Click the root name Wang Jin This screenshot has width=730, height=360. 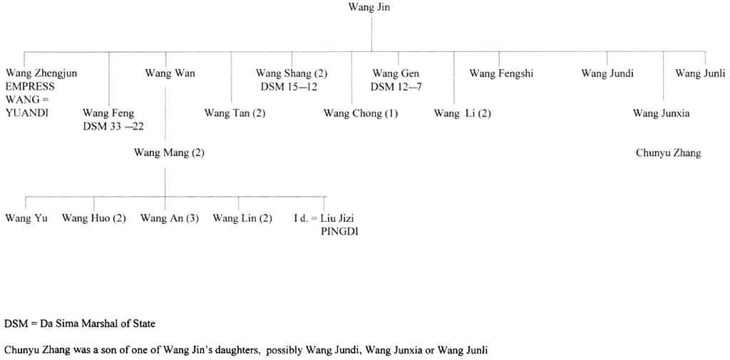coord(369,8)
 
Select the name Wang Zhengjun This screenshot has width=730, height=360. coord(41,73)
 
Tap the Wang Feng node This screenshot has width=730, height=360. coord(108,113)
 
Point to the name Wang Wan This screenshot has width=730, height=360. coord(170,73)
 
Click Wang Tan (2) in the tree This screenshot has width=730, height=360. coord(235,113)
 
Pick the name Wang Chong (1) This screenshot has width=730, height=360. coord(361,113)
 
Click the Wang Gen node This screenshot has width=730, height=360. coord(396,73)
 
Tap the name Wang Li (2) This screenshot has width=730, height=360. coord(463,113)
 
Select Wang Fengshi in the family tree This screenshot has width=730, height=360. coord(501,73)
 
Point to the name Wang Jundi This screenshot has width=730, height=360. coord(607,73)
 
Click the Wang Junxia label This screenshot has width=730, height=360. coord(661,113)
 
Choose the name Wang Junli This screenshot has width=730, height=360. coord(700,73)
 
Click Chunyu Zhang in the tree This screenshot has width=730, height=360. coord(668,153)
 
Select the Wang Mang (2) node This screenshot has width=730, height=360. coord(169,153)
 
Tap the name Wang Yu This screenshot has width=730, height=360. coord(26,218)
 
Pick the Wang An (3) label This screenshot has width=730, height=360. coord(169,218)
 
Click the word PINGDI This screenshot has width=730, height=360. coord(339,231)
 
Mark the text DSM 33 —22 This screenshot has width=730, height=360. coord(113,126)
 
